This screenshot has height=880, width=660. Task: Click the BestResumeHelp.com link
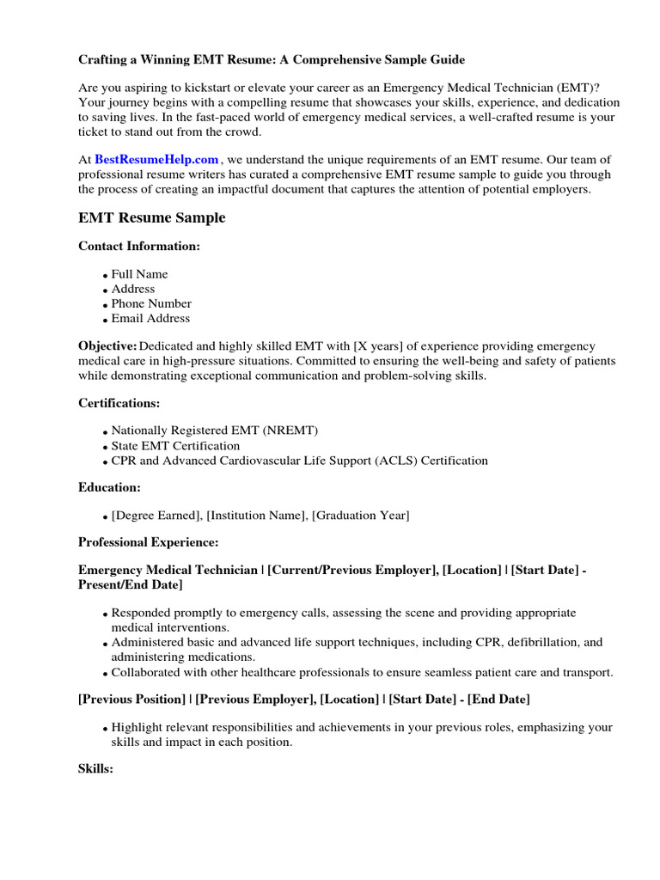tap(156, 160)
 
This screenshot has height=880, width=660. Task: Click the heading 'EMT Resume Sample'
tap(151, 218)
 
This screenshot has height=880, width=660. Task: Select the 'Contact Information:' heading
tap(138, 247)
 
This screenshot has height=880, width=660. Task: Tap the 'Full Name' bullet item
tap(139, 274)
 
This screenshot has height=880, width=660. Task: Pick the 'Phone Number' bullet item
tap(151, 303)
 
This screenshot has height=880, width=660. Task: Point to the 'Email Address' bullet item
tap(150, 318)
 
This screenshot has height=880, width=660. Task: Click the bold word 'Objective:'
tap(107, 345)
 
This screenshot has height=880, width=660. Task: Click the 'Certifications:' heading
tap(119, 403)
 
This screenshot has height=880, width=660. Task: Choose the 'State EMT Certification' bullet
tap(175, 446)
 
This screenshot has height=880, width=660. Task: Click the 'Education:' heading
tap(109, 487)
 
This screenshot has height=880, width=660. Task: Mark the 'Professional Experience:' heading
tap(148, 542)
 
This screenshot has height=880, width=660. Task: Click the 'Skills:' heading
tap(95, 769)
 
